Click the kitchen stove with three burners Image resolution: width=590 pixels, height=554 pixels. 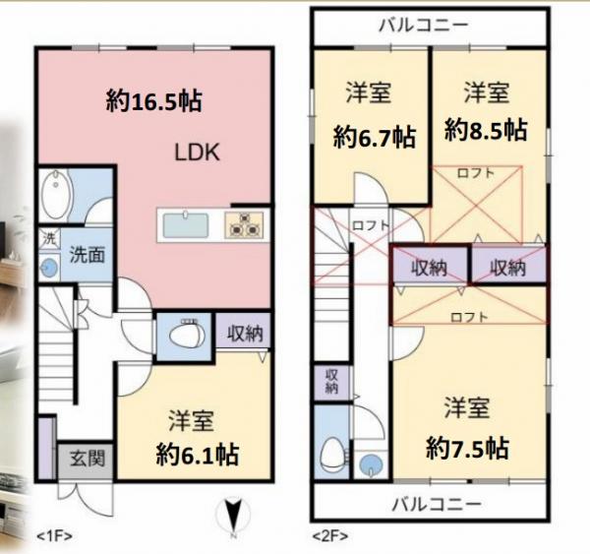[x=244, y=225]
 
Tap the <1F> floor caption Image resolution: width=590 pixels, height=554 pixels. [x=55, y=536]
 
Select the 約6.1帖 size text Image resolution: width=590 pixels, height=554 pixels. [x=198, y=455]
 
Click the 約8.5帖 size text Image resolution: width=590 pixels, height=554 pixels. [x=486, y=129]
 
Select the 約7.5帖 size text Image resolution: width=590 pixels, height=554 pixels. [x=467, y=449]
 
